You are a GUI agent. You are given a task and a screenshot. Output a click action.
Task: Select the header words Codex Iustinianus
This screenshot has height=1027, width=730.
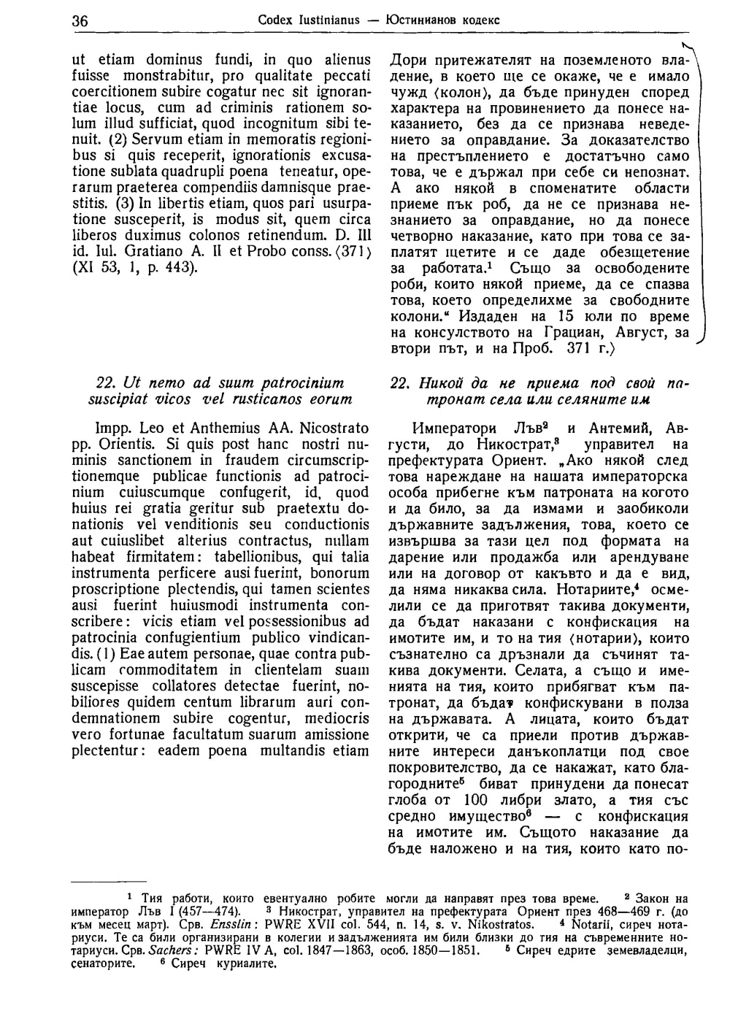click(309, 20)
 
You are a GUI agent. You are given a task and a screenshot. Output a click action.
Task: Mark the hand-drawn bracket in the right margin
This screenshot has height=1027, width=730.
click(701, 197)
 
